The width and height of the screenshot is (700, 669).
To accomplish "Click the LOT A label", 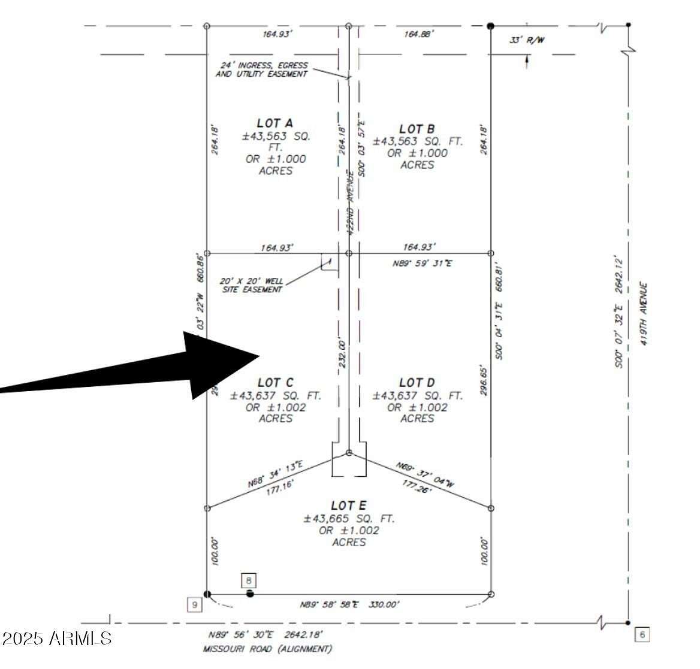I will (275, 123).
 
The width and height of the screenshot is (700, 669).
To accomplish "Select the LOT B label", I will (417, 129).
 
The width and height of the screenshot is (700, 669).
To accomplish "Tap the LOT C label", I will (275, 382).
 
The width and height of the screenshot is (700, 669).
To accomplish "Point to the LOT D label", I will (417, 382).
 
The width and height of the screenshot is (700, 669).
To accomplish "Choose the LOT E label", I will (348, 506).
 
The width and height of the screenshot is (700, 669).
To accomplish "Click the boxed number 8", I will (249, 580).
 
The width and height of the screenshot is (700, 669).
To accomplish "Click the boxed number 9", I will (194, 605).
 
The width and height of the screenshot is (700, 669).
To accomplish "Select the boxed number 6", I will (641, 634).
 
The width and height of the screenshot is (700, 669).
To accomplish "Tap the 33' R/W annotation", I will (527, 40).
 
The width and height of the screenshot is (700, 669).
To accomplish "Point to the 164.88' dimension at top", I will (418, 34).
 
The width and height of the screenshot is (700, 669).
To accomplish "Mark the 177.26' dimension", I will (417, 486).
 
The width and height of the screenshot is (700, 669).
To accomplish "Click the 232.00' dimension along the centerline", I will (342, 353).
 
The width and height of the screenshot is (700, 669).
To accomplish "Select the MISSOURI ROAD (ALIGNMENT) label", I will (267, 649).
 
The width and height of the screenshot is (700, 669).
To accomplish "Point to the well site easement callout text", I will (251, 284).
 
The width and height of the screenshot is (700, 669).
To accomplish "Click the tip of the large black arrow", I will (258, 356).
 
